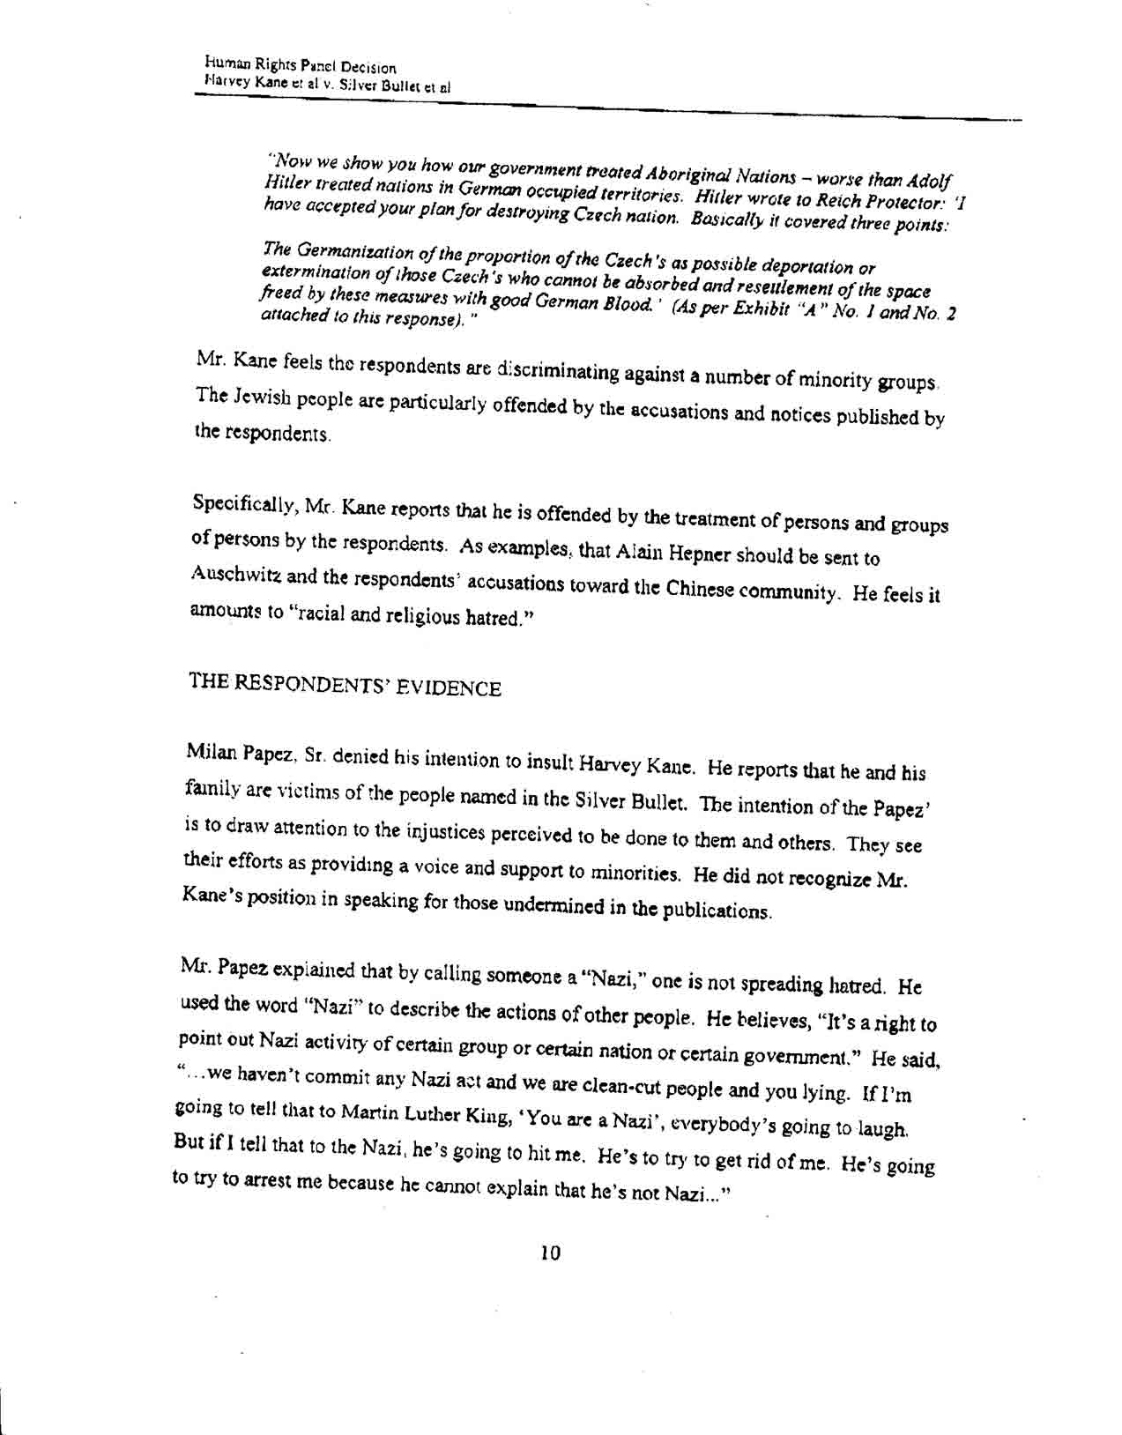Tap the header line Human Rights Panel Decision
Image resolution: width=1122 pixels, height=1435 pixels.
pyautogui.click(x=300, y=66)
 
